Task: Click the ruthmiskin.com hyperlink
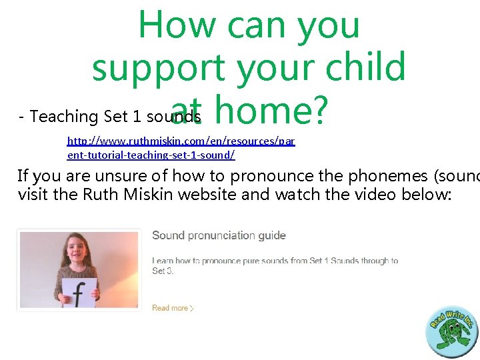(181, 148)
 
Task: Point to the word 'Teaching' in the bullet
(65, 117)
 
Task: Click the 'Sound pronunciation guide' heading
(219, 235)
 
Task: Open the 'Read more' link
(171, 308)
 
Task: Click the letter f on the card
(79, 294)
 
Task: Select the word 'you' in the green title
(326, 25)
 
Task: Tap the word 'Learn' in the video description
(163, 261)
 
